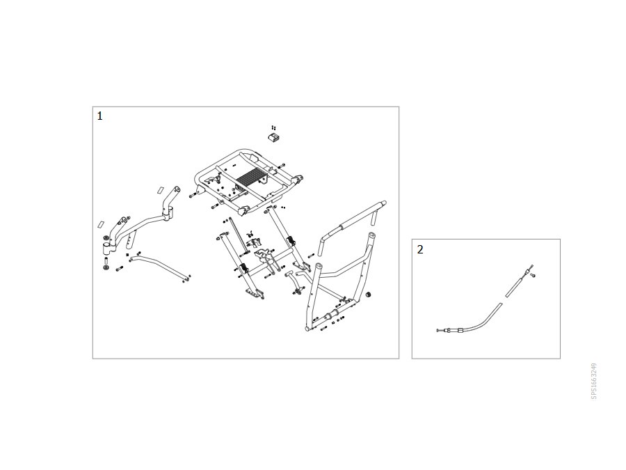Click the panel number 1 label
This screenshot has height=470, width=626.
pos(99,116)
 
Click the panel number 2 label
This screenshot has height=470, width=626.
pos(420,249)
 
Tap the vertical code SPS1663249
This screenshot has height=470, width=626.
pos(594,381)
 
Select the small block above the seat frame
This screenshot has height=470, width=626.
pos(273,137)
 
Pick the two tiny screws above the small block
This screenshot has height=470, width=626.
pos(273,127)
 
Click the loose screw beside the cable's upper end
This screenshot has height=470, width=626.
pos(532,275)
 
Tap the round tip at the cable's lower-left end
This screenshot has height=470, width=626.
pos(438,331)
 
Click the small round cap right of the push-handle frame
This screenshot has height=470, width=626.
pos(369,295)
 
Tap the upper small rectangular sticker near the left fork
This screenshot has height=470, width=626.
pos(160,189)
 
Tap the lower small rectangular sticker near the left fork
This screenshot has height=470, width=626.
pos(101,224)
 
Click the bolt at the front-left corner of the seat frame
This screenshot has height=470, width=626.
pos(193,196)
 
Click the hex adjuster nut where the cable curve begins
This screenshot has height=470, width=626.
pos(460,330)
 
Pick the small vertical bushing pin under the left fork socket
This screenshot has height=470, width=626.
pos(106,261)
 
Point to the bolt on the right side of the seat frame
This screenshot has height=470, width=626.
pos(282,165)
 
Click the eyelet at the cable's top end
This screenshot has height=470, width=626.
pos(531,266)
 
